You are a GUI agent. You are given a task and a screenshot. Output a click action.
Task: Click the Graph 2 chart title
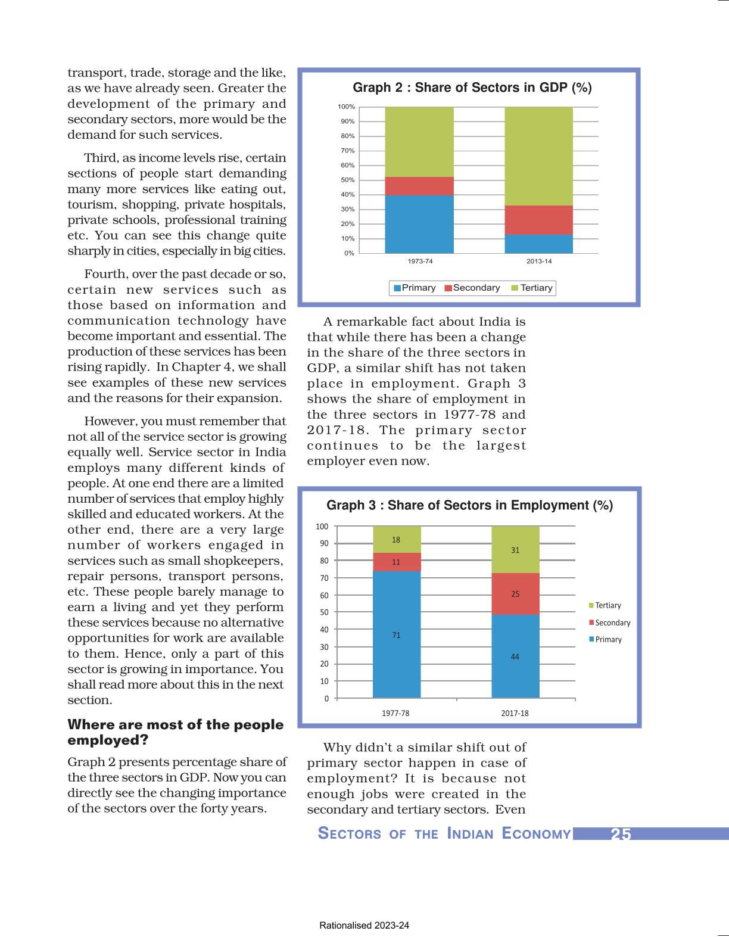point(472,88)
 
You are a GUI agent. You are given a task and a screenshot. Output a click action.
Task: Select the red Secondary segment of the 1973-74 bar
point(419,186)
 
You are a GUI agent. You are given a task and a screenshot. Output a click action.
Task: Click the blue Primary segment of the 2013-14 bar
point(538,244)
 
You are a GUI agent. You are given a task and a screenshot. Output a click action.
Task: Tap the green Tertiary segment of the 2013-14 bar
point(538,156)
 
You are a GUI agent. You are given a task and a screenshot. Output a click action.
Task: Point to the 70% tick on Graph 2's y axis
point(347,151)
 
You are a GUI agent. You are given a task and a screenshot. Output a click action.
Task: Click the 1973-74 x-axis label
point(420,261)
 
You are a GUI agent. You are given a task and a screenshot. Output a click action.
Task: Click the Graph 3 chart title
point(469,505)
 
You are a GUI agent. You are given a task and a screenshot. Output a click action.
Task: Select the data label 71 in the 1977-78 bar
point(396,635)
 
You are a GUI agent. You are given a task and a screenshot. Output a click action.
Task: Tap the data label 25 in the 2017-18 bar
point(515,594)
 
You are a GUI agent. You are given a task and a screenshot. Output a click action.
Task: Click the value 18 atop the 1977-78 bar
point(396,540)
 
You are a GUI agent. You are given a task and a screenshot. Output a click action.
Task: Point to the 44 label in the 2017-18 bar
point(515,656)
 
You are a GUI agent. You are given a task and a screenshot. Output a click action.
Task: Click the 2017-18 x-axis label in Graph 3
point(515,713)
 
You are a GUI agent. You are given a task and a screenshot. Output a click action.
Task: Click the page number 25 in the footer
point(621,834)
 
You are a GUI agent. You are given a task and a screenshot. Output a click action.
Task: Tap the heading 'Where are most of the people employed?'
point(175,732)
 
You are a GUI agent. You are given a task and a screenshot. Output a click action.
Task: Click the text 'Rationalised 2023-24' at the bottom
point(364,925)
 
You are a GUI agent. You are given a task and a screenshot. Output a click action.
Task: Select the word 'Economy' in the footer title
point(536,833)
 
